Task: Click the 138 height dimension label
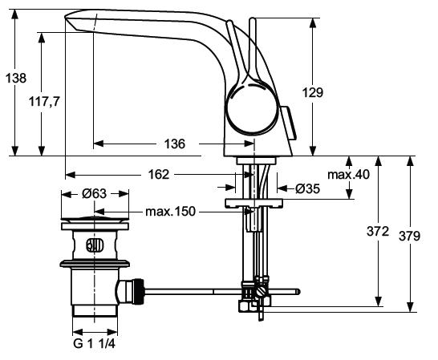(x=16, y=79)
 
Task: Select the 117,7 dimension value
(x=44, y=101)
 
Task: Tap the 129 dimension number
(x=313, y=92)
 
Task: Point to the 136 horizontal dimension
(x=175, y=144)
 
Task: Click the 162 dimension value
(x=159, y=175)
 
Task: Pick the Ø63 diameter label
(x=95, y=193)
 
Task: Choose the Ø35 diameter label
(x=307, y=189)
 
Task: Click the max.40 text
(x=348, y=175)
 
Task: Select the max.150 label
(x=170, y=212)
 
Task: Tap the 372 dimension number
(x=378, y=232)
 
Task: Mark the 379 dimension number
(x=409, y=237)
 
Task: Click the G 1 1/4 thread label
(x=94, y=343)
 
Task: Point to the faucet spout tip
(x=66, y=18)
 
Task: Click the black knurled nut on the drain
(x=138, y=292)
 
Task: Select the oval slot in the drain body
(x=95, y=246)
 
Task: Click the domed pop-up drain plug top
(x=95, y=220)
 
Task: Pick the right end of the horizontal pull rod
(x=299, y=292)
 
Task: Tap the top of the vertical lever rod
(x=252, y=19)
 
